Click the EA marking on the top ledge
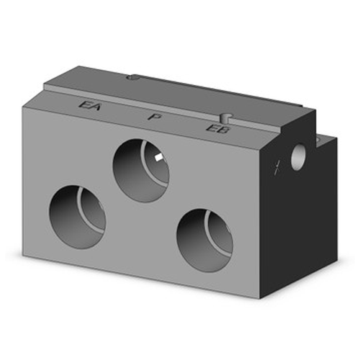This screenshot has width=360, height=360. (x=91, y=106)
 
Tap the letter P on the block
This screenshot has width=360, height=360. (x=153, y=116)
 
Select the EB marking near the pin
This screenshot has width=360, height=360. (x=214, y=130)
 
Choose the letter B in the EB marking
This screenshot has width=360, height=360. (x=217, y=130)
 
